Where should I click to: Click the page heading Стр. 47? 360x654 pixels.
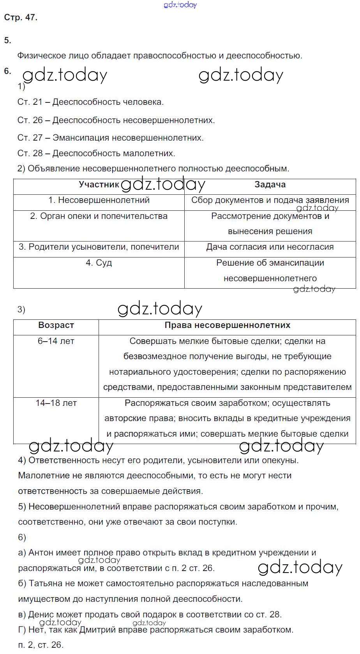(20, 18)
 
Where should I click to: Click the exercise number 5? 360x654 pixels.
(7, 41)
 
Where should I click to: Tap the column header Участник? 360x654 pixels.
(99, 185)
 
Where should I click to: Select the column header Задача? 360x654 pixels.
(270, 185)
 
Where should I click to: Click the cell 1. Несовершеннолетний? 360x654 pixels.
(99, 200)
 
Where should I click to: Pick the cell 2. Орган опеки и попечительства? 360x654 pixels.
(99, 216)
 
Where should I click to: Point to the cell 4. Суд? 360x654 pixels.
(99, 263)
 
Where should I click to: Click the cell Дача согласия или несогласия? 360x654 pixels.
(270, 247)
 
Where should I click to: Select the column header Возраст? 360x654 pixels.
(56, 325)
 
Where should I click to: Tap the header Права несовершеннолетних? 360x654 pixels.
(227, 325)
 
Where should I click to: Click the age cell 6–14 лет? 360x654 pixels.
(56, 341)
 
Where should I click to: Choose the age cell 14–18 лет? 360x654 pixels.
(56, 403)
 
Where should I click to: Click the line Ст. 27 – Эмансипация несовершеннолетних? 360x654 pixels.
(111, 138)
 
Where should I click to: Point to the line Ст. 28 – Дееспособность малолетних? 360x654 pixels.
(96, 153)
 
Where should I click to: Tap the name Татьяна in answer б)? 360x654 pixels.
(46, 583)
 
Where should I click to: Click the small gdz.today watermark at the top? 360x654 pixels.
(180, 5)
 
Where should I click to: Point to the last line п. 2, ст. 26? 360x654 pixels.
(41, 645)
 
